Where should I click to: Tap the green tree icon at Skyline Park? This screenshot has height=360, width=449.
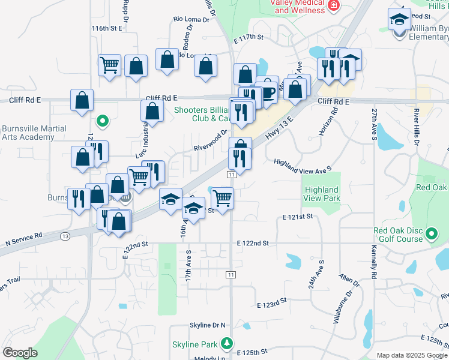[227, 344]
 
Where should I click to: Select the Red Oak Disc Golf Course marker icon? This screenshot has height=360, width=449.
[432, 234]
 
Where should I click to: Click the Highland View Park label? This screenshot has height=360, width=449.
[322, 194]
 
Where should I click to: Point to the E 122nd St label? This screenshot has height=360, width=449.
[252, 243]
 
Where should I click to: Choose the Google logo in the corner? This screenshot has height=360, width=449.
[20, 352]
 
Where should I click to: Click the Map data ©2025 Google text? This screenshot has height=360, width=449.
[411, 355]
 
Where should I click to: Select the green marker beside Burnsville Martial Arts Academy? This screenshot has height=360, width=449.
[103, 121]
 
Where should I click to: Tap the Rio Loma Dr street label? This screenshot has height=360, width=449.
[191, 19]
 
